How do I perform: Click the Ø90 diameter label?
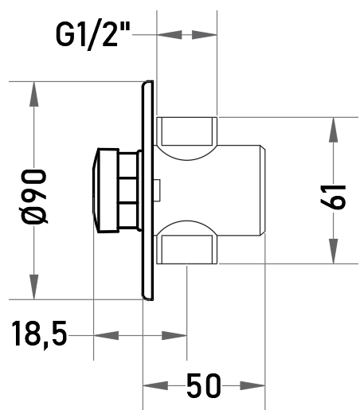34,197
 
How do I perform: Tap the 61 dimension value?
333,197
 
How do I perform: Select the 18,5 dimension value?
39,334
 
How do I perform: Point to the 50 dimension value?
204,385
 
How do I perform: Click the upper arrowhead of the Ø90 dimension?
34,94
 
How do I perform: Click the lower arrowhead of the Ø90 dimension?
34,287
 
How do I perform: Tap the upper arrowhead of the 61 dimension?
333,130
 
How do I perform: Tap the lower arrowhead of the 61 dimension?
333,251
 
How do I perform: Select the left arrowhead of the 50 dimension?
155,385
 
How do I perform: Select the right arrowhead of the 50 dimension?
252,385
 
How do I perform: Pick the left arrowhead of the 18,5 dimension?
106,335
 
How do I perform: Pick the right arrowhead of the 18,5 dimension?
174,335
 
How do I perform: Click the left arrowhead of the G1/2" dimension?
170,34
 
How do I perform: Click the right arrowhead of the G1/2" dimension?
205,34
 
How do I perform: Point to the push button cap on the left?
105,190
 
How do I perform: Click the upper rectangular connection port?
187,131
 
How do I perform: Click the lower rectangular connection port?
187,249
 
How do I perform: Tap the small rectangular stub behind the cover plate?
157,190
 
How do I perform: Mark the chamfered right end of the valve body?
263,190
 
